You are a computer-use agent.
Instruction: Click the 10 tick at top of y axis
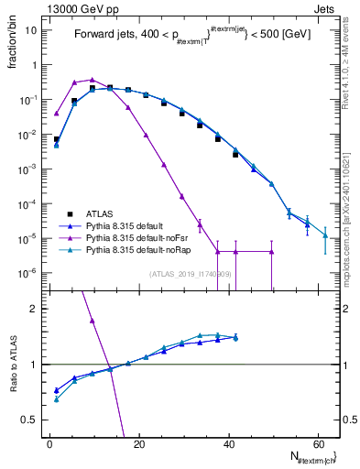30,30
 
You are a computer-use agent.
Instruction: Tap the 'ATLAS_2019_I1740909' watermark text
190,273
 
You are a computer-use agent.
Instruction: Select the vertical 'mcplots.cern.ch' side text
346,229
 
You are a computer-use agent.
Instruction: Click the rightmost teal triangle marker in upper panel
325,235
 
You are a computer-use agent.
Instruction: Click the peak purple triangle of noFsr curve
93,80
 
